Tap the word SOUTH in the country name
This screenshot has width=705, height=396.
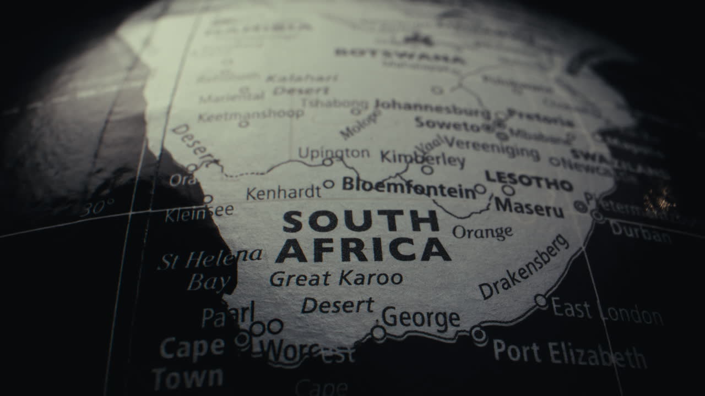coord(361,222)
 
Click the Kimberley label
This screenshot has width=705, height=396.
coord(422,158)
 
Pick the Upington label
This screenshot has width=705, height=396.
coord(334,152)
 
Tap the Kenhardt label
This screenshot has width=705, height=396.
coord(283,193)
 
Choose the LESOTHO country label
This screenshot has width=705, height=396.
coord(529,181)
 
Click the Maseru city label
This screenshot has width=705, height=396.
coord(529,207)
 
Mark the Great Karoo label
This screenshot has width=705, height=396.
coord(336,278)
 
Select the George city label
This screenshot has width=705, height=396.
coord(421,318)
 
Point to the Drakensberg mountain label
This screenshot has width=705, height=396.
coord(523,267)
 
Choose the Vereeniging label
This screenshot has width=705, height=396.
coord(491,148)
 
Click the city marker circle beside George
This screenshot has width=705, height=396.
coord(378,333)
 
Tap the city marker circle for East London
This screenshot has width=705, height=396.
coord(541,301)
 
